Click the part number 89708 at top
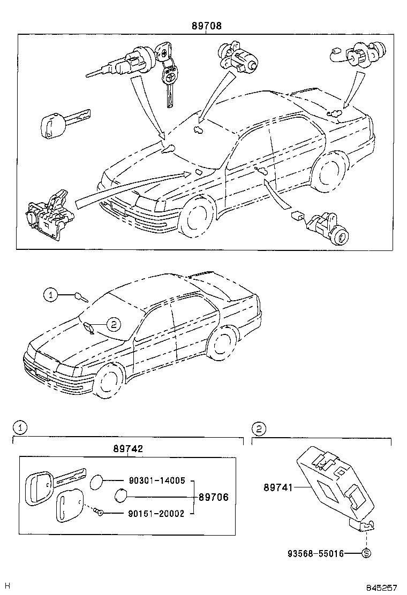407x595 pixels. (207, 25)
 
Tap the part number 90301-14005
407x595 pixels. (156, 481)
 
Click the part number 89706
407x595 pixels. (213, 497)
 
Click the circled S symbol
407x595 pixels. (366, 554)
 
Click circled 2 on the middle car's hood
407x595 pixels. (113, 323)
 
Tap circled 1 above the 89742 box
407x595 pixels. (19, 428)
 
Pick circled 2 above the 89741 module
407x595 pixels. (259, 428)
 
